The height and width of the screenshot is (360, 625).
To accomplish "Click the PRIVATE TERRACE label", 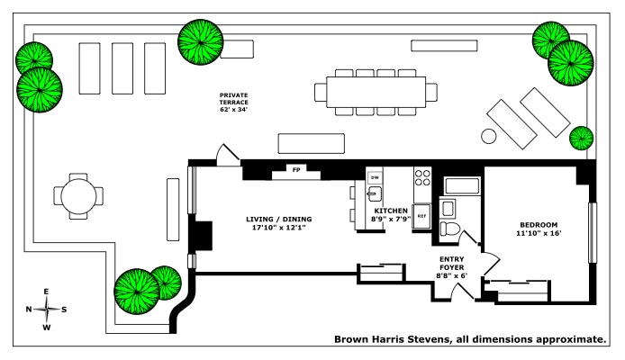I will pos(234,99).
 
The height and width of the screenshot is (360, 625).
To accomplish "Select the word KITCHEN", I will pos(391,211).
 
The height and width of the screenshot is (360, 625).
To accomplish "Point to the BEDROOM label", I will pos(539,224).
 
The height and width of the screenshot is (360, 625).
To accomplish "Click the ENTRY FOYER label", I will pos(451,260).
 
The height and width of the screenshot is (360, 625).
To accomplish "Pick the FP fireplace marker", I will pos(295,169).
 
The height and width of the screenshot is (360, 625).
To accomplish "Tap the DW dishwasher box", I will pos(376,177).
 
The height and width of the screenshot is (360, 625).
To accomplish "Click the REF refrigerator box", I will pos(421,217).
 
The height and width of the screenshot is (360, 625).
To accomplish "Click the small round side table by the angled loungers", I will pos(489,137).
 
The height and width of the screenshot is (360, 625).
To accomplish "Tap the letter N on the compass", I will pos(30,310).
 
